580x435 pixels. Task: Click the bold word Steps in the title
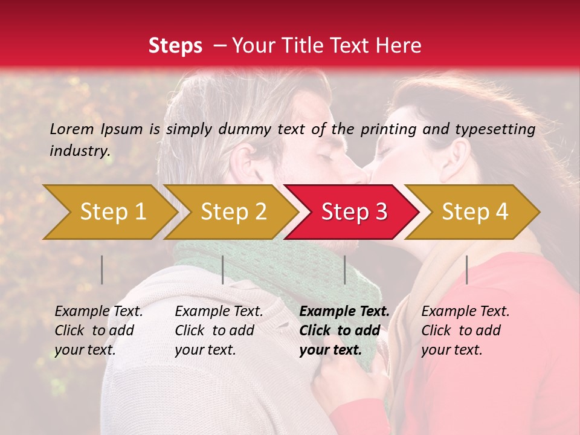[x=175, y=46]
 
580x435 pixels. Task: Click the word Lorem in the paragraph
[x=72, y=129]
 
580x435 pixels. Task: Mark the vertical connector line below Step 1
[x=102, y=269]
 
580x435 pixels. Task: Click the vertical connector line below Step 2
[x=223, y=269]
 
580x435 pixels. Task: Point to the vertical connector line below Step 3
[x=345, y=269]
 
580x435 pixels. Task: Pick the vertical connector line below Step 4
[x=467, y=269]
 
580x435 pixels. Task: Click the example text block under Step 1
[x=98, y=330]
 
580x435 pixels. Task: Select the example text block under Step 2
[x=219, y=330]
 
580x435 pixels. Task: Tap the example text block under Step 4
[x=465, y=330]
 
